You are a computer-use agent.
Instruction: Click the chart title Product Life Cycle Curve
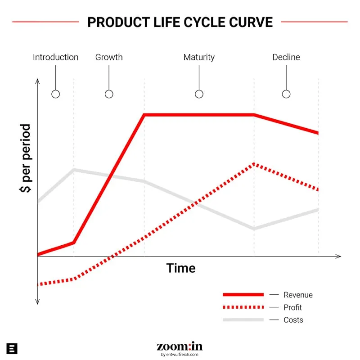click(x=180, y=22)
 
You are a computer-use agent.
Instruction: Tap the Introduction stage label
click(x=55, y=57)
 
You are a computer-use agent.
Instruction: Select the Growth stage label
click(x=109, y=57)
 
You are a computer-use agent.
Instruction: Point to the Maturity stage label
click(x=199, y=57)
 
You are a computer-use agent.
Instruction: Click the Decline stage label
click(x=286, y=57)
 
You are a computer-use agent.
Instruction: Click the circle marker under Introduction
click(x=55, y=94)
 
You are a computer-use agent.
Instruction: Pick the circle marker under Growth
click(x=109, y=94)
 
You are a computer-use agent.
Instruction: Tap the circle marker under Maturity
click(x=199, y=94)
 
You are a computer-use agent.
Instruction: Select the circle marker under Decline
click(x=286, y=94)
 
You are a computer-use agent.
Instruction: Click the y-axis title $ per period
click(x=26, y=158)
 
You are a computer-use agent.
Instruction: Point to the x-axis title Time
click(x=181, y=268)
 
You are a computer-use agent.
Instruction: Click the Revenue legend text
click(x=298, y=295)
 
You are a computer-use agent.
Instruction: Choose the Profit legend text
click(x=292, y=307)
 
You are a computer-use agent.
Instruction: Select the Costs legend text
click(x=293, y=320)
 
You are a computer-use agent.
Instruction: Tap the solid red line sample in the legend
click(x=243, y=294)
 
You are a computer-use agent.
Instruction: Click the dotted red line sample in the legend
click(x=243, y=307)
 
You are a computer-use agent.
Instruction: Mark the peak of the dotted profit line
click(x=254, y=164)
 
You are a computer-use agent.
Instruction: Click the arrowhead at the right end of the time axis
click(x=338, y=256)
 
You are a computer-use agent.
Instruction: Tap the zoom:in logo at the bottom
click(x=180, y=347)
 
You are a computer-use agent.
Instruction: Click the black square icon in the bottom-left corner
click(x=12, y=348)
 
